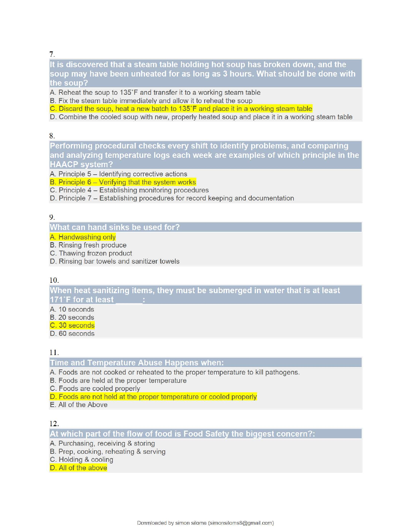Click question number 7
coord(52,54)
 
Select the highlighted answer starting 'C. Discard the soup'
coord(181,109)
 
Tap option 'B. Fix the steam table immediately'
coord(151,101)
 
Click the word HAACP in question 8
coord(64,165)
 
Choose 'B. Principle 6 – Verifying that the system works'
coord(123,182)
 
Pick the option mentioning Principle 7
coord(172,198)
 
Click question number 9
coord(52,217)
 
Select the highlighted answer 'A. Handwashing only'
coord(83,237)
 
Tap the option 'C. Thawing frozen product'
coord(91,253)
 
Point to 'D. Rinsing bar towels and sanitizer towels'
coord(115,261)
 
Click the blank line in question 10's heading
coord(129,300)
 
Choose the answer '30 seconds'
coord(72,325)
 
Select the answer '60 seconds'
coord(72,334)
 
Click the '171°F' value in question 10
coord(60,300)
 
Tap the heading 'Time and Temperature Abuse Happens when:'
coord(137,363)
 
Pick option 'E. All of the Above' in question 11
coord(79,405)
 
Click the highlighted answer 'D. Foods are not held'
coord(153,397)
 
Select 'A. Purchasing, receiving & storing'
coord(102,443)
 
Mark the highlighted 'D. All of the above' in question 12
coord(79,468)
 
